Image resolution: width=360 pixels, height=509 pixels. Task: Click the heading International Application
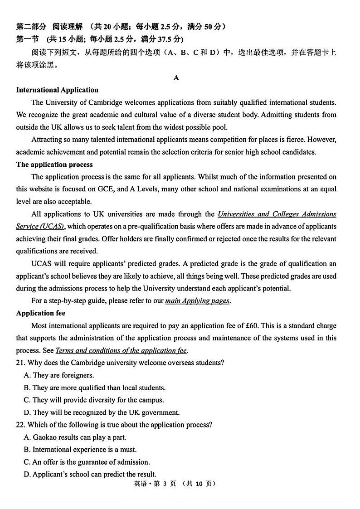[57, 90]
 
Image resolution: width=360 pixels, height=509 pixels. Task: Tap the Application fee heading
[41, 313]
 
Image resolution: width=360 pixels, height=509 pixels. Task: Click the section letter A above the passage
[176, 78]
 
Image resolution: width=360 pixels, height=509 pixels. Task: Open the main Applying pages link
[197, 301]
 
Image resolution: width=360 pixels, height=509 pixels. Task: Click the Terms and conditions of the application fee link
[121, 350]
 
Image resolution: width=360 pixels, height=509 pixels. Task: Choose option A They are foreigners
[59, 375]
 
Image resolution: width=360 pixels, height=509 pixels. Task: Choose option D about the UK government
[102, 412]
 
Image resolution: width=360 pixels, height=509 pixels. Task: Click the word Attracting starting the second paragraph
[48, 139]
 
